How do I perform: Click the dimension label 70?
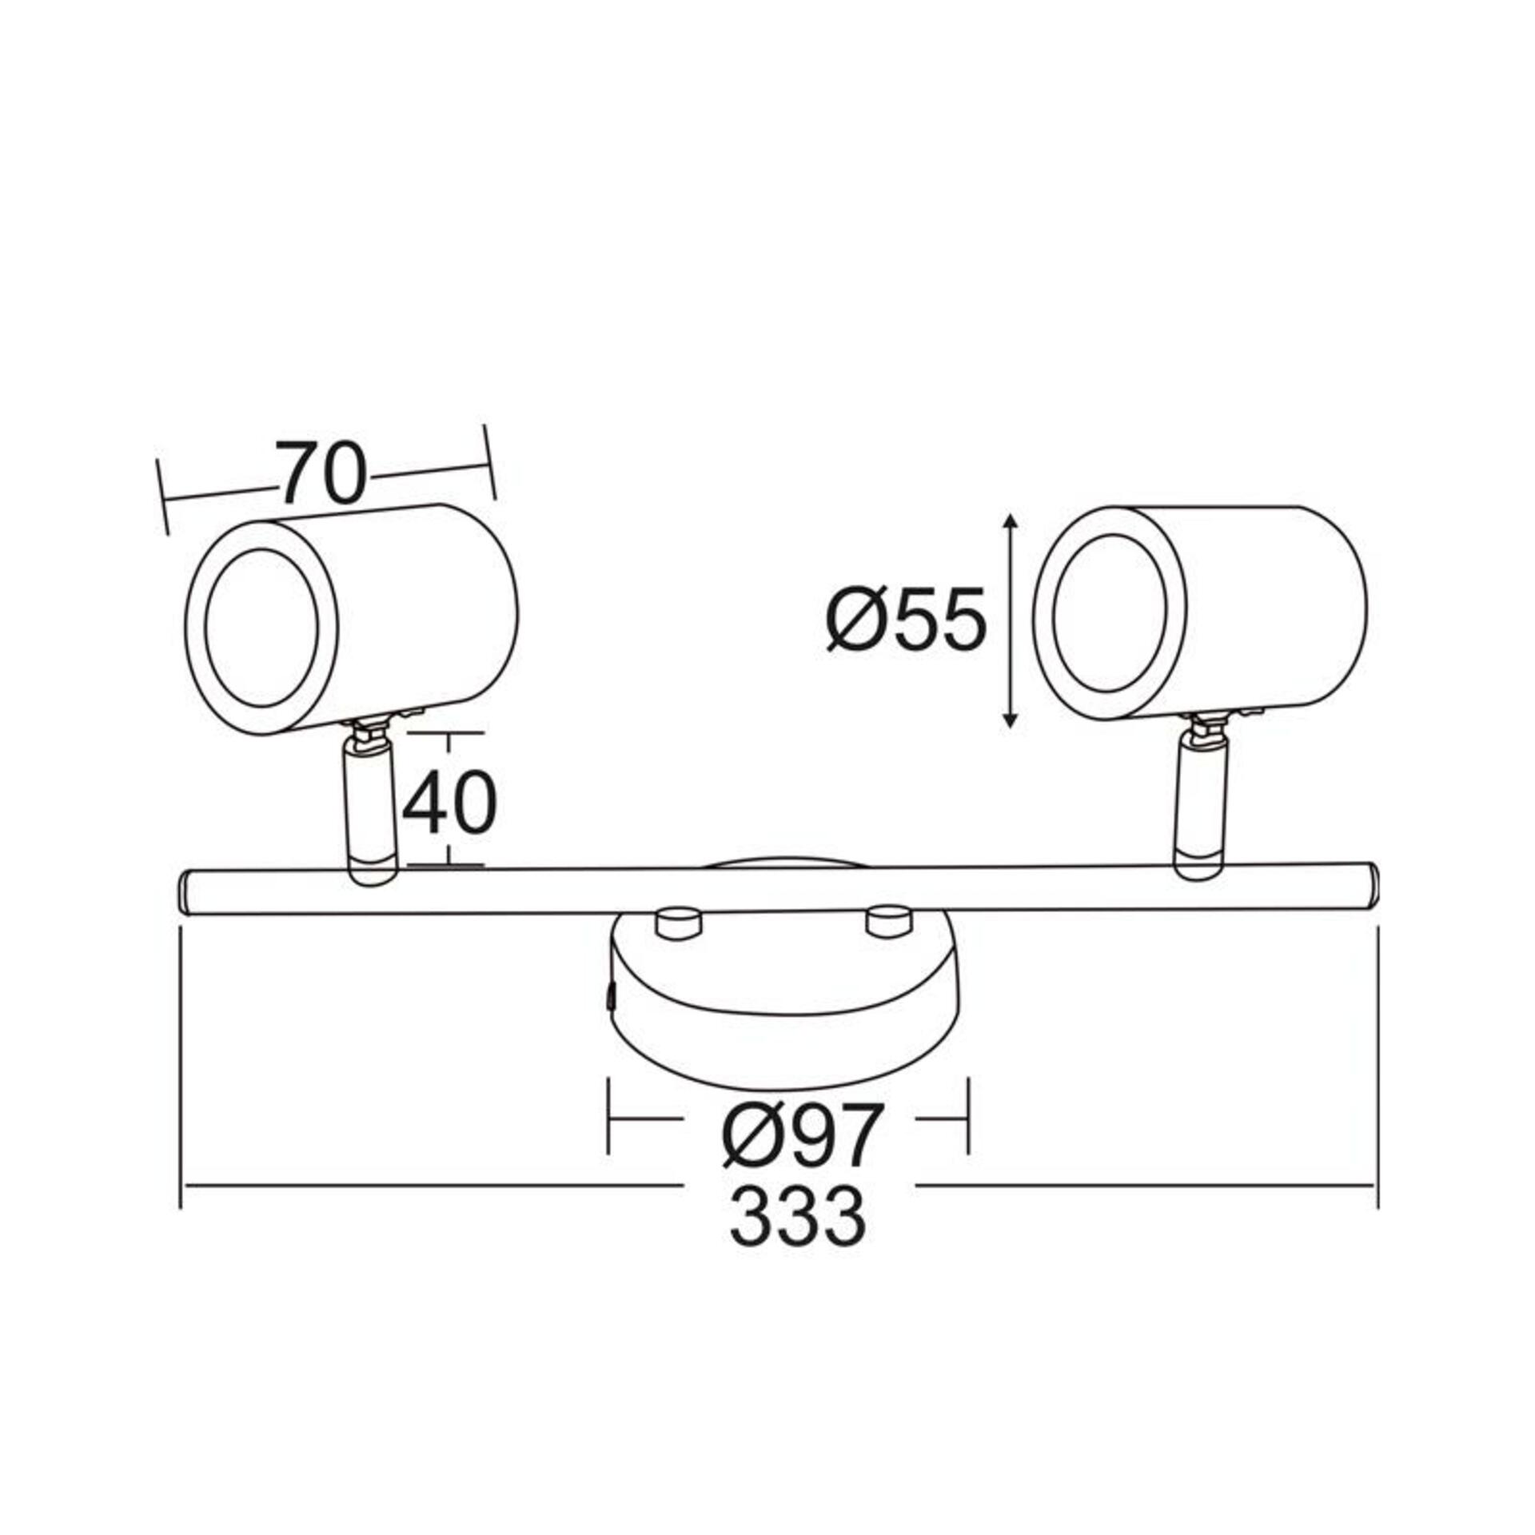(x=321, y=473)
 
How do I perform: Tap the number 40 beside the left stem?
(x=449, y=803)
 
